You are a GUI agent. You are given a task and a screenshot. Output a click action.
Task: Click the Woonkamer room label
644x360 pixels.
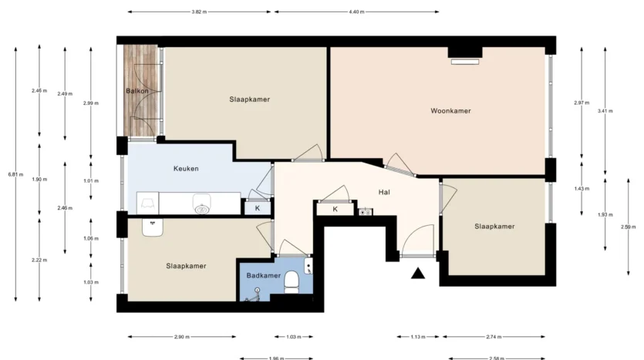pyautogui.click(x=450, y=111)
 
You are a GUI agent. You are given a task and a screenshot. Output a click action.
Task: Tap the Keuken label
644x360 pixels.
pyautogui.click(x=186, y=169)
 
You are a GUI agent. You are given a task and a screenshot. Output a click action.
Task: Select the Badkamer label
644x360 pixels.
pyautogui.click(x=264, y=275)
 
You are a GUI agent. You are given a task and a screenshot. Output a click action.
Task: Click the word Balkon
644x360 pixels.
pyautogui.click(x=137, y=91)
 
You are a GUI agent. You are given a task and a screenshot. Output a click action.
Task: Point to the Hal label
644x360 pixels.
pyautogui.click(x=384, y=192)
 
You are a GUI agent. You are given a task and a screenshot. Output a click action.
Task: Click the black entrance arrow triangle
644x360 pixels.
pyautogui.click(x=418, y=274)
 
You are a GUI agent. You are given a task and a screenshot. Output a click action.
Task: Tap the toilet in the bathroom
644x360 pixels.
pyautogui.click(x=292, y=282)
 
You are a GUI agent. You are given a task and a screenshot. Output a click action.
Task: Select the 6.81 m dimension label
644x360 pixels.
pyautogui.click(x=15, y=174)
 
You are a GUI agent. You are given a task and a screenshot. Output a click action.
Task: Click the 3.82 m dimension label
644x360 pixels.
pyautogui.click(x=199, y=12)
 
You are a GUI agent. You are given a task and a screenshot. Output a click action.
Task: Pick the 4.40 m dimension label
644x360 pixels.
pyautogui.click(x=356, y=12)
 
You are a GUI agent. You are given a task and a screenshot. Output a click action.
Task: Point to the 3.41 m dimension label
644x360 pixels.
pyautogui.click(x=605, y=111)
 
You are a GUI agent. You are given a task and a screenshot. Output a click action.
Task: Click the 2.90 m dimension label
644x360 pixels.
pyautogui.click(x=182, y=337)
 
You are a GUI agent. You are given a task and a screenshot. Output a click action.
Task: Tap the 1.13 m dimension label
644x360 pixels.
pyautogui.click(x=418, y=337)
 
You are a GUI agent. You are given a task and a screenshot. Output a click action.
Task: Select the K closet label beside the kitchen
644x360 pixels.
pyautogui.click(x=258, y=208)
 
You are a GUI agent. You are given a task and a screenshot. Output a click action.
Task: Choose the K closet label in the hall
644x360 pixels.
pyautogui.click(x=335, y=209)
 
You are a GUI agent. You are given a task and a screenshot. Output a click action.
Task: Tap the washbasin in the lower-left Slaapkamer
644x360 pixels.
pyautogui.click(x=153, y=227)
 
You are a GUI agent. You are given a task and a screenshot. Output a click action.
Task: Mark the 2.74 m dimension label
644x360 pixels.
pyautogui.click(x=494, y=337)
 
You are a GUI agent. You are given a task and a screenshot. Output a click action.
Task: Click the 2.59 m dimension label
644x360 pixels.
pyautogui.click(x=629, y=227)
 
